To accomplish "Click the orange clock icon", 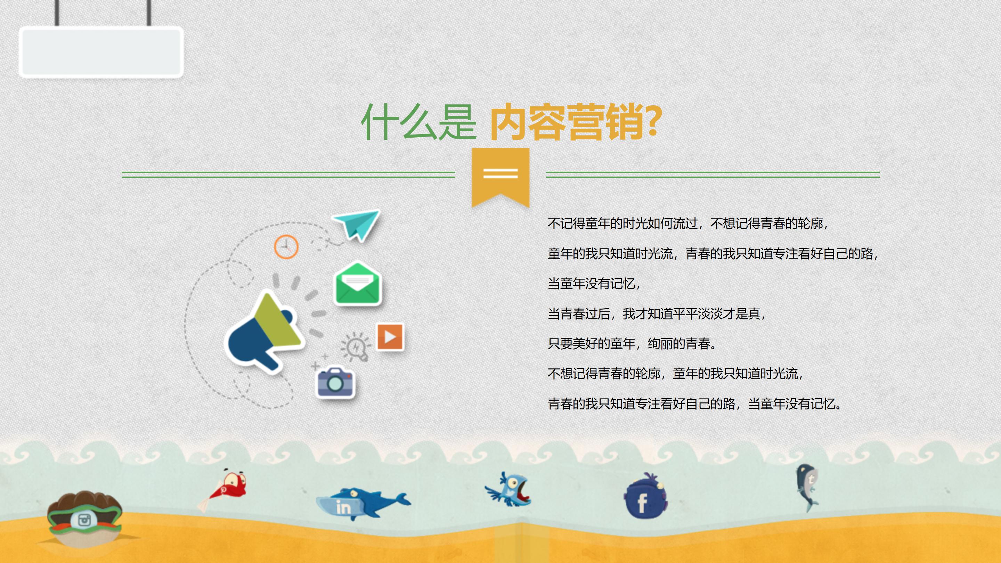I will point(286,247).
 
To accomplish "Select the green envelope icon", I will point(358,284).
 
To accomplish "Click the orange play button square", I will point(390,337).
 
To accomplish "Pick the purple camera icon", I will point(335,382).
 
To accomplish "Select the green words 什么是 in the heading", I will point(418,122).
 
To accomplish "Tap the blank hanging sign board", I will point(101,51).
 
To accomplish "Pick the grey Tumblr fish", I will point(807,486).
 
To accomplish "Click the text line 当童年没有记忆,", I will point(593,284).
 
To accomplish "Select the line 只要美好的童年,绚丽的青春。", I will point(632,344).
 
